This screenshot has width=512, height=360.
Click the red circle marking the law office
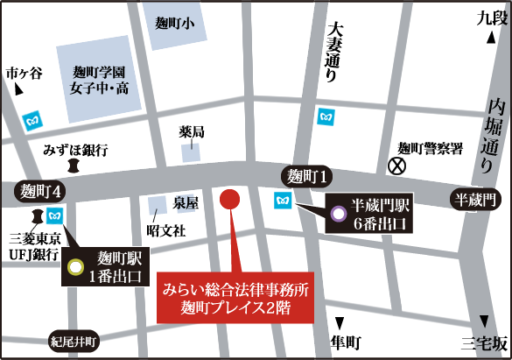pos(229,198)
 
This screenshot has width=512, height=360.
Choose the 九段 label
pos(491,17)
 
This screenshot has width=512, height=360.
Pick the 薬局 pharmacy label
pos(192,132)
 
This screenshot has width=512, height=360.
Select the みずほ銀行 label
pos(75,151)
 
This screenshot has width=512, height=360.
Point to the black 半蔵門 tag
pos(476,201)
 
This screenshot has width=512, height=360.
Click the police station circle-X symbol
pos(398,164)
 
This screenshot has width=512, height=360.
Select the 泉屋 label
pos(185,202)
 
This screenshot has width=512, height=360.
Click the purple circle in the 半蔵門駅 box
pos(339,213)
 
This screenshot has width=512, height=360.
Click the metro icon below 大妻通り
pos(326,115)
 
